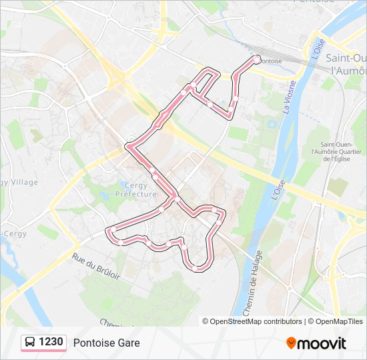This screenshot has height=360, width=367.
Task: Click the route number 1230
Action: pyautogui.click(x=51, y=342)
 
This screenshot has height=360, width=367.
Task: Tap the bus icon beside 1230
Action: pyautogui.click(x=31, y=343)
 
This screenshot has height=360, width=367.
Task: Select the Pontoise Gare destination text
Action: pyautogui.click(x=106, y=343)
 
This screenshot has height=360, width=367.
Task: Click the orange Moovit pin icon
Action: pyautogui.click(x=291, y=343)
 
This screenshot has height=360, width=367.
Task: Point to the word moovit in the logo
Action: pyautogui.click(x=322, y=343)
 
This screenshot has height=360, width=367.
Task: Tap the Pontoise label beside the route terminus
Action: pyautogui.click(x=270, y=61)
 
